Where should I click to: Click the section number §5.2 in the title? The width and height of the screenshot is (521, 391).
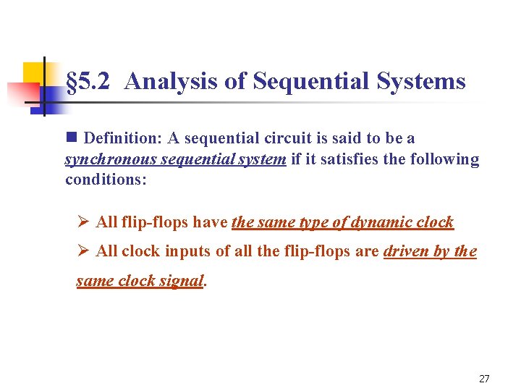87,81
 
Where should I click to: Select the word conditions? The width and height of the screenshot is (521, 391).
105,180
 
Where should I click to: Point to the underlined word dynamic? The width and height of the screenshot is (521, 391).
380,222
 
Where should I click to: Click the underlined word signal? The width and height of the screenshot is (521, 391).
181,281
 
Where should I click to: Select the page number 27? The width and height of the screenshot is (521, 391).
484,379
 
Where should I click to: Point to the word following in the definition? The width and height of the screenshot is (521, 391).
444,159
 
